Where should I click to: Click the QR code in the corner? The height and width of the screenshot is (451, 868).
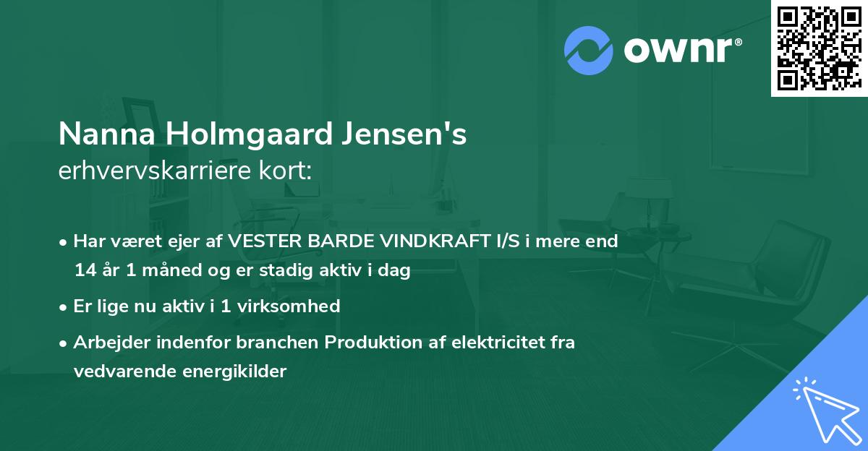pos(819,48)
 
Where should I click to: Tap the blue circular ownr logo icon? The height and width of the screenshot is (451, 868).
pos(589,50)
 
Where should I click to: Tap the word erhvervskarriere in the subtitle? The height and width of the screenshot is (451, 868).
pos(144,171)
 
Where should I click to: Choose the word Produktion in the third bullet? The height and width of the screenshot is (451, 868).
pos(365,342)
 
